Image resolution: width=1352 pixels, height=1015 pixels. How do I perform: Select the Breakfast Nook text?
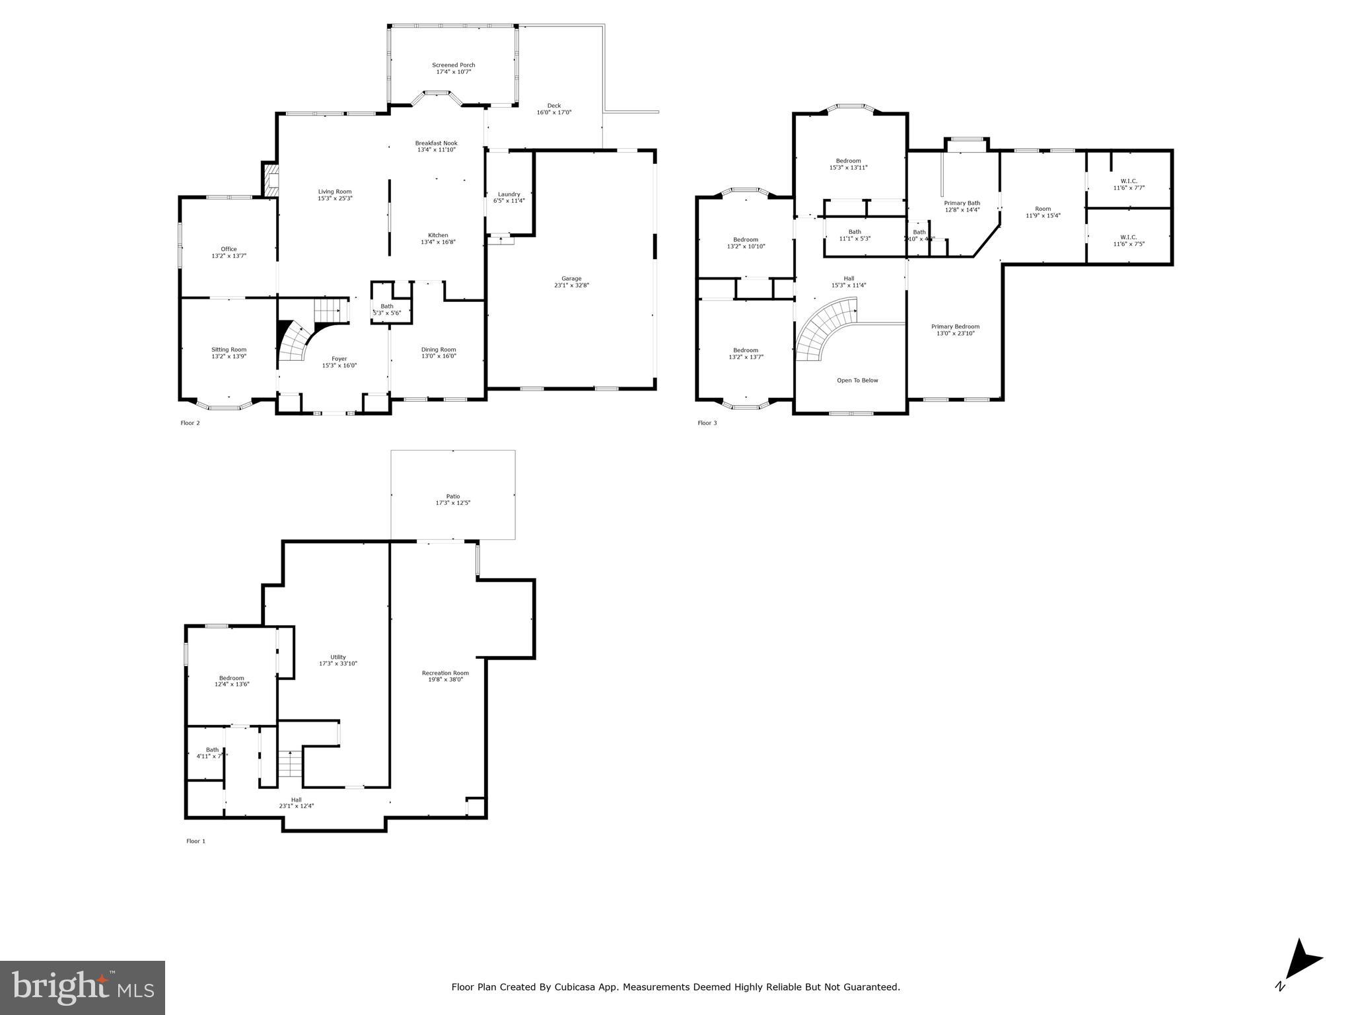coord(436,143)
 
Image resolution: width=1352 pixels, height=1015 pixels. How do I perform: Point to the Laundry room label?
coord(509,194)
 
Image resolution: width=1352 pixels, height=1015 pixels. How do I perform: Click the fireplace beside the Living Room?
coord(271,180)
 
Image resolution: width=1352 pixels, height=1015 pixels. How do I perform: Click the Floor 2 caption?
coord(190,423)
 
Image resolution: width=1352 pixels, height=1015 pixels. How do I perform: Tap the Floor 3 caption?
coord(707,423)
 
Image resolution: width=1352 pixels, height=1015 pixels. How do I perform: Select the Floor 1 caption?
coord(196,841)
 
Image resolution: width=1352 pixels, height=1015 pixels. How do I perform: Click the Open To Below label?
coord(857,381)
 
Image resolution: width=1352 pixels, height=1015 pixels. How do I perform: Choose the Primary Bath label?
coord(962,203)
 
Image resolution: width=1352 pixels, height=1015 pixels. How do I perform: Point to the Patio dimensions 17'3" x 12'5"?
coord(452,503)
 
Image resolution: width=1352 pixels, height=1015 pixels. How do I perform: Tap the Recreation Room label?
coord(445,673)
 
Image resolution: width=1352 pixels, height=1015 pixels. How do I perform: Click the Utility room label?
coord(338,658)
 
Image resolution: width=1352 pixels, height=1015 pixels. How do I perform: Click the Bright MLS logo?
coord(83,987)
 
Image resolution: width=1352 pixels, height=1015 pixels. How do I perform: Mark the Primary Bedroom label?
coord(955,326)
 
